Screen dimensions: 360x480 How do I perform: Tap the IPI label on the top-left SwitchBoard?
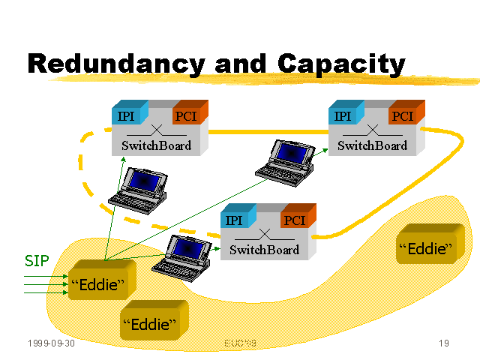coord(126,116)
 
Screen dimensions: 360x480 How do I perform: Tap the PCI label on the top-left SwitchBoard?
coord(184,116)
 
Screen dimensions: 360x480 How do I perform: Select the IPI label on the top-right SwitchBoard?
coord(342,116)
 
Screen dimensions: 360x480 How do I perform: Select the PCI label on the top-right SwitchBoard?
coord(402,116)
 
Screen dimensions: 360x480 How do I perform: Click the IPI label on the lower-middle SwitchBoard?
coord(234,220)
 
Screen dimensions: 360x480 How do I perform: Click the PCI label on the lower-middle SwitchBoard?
coord(294,220)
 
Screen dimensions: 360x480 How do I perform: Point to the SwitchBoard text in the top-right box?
coord(372,145)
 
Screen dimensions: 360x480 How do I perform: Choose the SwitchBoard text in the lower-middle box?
coord(264,250)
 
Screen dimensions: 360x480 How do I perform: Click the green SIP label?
coord(37,261)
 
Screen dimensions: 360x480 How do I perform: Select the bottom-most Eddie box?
coord(153,324)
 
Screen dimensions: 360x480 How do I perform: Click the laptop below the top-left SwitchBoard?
coord(136,187)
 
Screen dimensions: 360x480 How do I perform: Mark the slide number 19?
coord(443,343)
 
